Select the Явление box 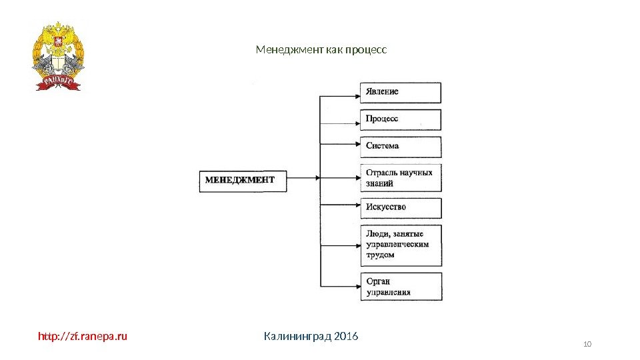pos(401,93)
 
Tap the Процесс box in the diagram pos(401,119)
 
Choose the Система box pos(401,147)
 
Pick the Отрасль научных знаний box pos(401,178)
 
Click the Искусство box pos(401,208)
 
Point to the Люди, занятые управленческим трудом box pos(401,245)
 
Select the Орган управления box pos(401,287)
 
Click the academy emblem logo pos(58,55)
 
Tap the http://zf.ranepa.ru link pos(82,336)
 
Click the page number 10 pos(587,344)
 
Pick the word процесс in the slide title pos(367,50)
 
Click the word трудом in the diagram pos(381,255)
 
